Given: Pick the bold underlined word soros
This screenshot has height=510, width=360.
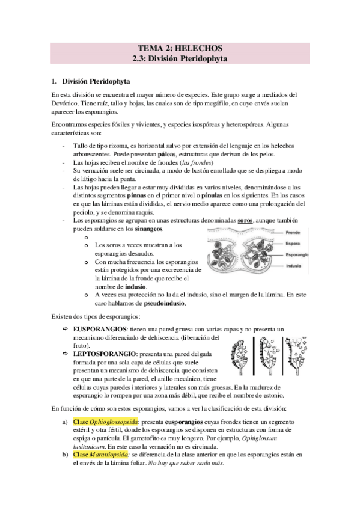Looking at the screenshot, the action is pyautogui.click(x=246, y=221).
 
